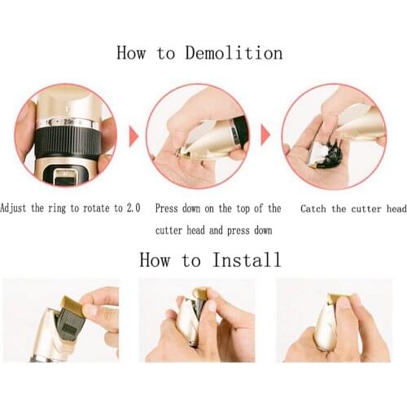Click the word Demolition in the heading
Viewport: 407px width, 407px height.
tap(234, 53)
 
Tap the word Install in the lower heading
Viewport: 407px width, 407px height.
tap(247, 260)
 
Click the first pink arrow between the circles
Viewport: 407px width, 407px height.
tap(133, 136)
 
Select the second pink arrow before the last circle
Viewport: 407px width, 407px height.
tap(265, 135)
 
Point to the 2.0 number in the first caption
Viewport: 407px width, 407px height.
tap(133, 208)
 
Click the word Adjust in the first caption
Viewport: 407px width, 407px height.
tap(13, 208)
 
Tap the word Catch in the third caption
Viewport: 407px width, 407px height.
tap(313, 209)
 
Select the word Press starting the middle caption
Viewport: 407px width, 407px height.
tap(166, 208)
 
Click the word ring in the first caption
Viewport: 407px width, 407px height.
tap(57, 209)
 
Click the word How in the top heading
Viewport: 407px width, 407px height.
tap(131, 53)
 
